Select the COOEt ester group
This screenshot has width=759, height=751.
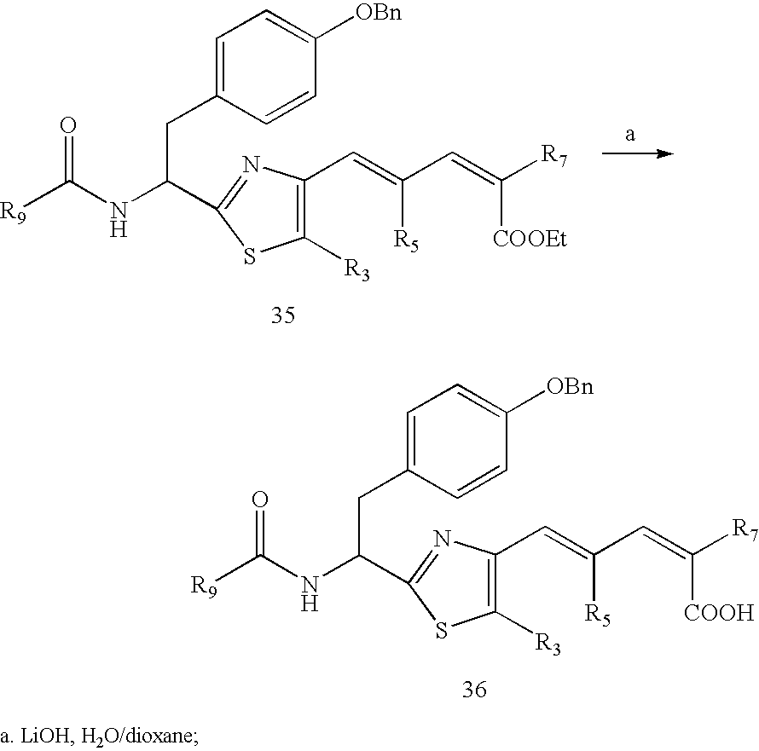pyautogui.click(x=530, y=240)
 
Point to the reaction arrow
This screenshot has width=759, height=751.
pyautogui.click(x=637, y=153)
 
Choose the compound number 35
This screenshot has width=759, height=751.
pyautogui.click(x=282, y=316)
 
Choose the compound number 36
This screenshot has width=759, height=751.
pyautogui.click(x=474, y=689)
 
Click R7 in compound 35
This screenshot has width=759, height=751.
pyautogui.click(x=554, y=155)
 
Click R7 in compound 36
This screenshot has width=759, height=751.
pyautogui.click(x=743, y=534)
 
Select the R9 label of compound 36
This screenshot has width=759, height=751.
pyautogui.click(x=202, y=586)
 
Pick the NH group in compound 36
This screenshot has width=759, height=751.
pyautogui.click(x=311, y=593)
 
